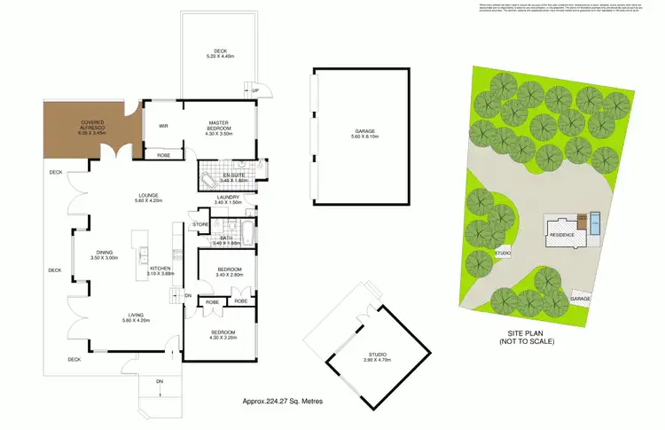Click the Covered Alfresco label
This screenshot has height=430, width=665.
click(x=94, y=124)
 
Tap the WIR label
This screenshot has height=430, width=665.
click(x=163, y=125)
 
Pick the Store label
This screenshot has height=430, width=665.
click(x=200, y=226)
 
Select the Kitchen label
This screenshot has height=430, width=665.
click(x=160, y=270)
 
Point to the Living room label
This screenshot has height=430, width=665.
click(x=112, y=317)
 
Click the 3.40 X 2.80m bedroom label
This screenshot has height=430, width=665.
click(x=228, y=271)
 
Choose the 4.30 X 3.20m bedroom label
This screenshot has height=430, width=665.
click(x=223, y=335)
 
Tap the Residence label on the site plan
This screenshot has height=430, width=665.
click(x=563, y=235)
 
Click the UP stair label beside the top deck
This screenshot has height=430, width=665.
click(x=255, y=90)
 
